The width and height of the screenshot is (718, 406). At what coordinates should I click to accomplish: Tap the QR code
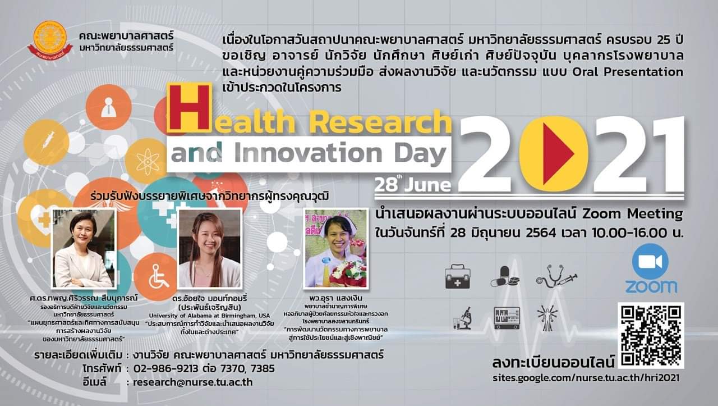[651, 335]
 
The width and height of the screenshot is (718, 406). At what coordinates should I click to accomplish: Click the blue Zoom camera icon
[650, 262]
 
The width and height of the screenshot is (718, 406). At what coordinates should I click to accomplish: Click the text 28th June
[413, 184]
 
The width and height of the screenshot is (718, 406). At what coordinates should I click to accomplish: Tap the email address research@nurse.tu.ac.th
[193, 382]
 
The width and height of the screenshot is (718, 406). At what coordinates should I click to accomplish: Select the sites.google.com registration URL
[586, 377]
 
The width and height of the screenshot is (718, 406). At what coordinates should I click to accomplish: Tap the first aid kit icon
[457, 277]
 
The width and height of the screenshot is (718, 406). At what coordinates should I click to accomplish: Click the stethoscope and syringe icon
[556, 276]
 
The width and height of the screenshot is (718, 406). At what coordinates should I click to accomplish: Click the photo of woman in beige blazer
[83, 248]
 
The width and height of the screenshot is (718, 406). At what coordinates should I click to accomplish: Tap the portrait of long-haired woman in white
[210, 248]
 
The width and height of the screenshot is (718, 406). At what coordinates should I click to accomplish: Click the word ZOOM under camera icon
[651, 286]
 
